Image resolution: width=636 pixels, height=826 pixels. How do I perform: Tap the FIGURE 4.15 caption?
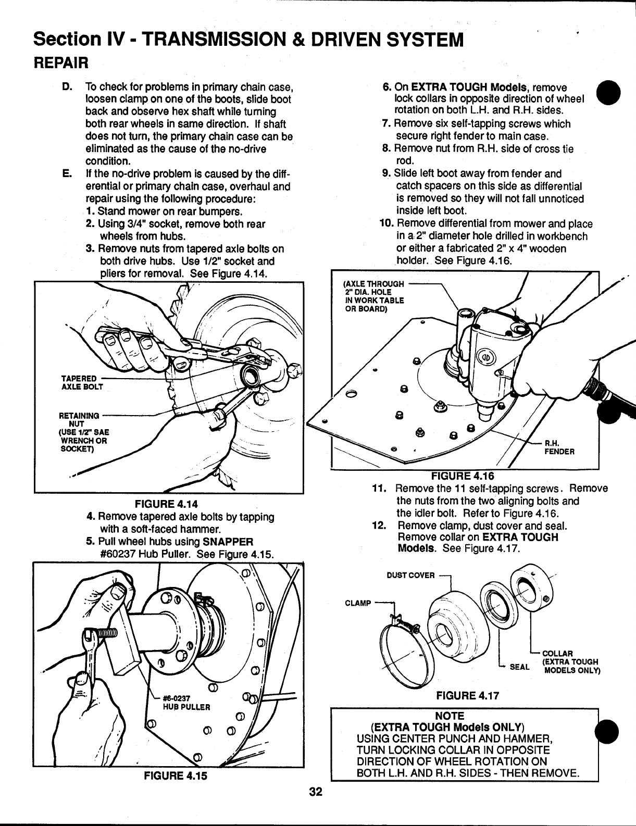(176, 775)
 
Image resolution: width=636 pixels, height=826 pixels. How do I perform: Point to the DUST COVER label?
(410, 575)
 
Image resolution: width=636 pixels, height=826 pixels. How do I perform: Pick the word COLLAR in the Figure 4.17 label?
(558, 654)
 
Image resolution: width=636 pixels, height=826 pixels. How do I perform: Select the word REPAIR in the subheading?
(61, 62)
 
